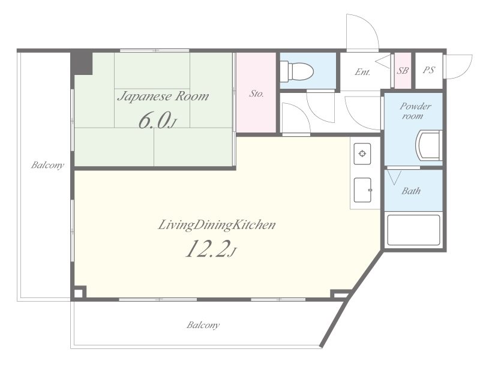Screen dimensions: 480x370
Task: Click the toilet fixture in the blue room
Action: [296, 71]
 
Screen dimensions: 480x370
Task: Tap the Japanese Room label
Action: [163, 97]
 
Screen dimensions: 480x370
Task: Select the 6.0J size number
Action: [157, 121]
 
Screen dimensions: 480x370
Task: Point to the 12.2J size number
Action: [211, 249]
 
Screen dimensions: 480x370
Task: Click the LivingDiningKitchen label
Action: [217, 225]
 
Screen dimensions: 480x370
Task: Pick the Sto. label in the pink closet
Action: [256, 94]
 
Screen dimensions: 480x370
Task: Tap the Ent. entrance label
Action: [362, 72]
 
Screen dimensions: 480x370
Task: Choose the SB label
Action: [403, 71]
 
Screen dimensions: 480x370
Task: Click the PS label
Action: [428, 70]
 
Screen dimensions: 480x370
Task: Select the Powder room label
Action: [415, 111]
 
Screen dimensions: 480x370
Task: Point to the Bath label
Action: [411, 191]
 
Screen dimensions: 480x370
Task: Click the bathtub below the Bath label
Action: [413, 230]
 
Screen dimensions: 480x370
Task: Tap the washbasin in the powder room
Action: [428, 145]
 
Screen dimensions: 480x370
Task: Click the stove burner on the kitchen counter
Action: [362, 154]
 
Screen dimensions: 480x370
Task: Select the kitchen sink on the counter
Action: [363, 190]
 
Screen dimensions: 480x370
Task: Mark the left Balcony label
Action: [48, 166]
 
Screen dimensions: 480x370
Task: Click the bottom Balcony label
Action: [203, 325]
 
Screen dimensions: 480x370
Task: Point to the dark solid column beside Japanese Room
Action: [82, 63]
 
